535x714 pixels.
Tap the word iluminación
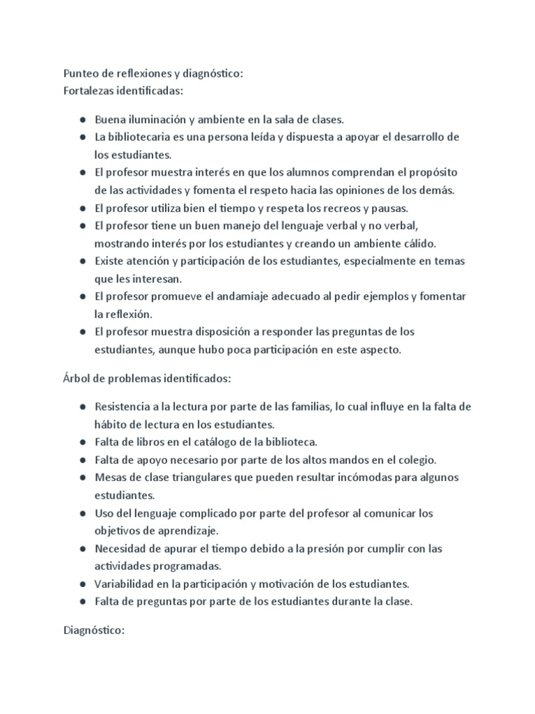click(157, 119)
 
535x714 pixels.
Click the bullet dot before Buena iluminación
click(83, 120)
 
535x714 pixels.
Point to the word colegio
click(417, 459)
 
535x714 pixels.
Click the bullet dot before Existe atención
click(83, 261)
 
